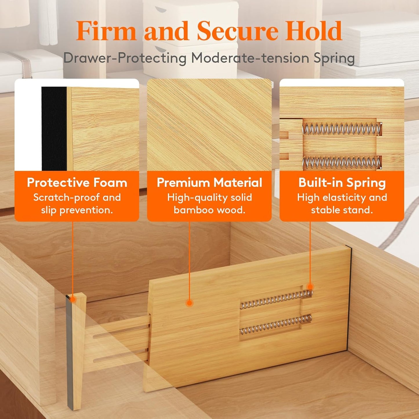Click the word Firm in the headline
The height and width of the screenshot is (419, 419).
pos(106,31)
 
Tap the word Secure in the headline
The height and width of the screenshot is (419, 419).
pos(237,31)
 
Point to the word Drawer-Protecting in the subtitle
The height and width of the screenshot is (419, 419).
pos(125,58)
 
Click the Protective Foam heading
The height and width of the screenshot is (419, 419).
pos(77,183)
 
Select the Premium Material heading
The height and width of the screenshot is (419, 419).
pos(209,183)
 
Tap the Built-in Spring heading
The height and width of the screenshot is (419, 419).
pos(342,183)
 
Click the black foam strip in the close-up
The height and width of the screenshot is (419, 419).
pos(54,129)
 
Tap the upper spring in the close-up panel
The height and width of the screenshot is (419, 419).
pos(342,129)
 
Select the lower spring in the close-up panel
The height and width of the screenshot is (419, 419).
pos(342,163)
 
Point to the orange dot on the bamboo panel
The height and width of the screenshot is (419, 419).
pos(189,303)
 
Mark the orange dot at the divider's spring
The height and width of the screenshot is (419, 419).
pos(310,287)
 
